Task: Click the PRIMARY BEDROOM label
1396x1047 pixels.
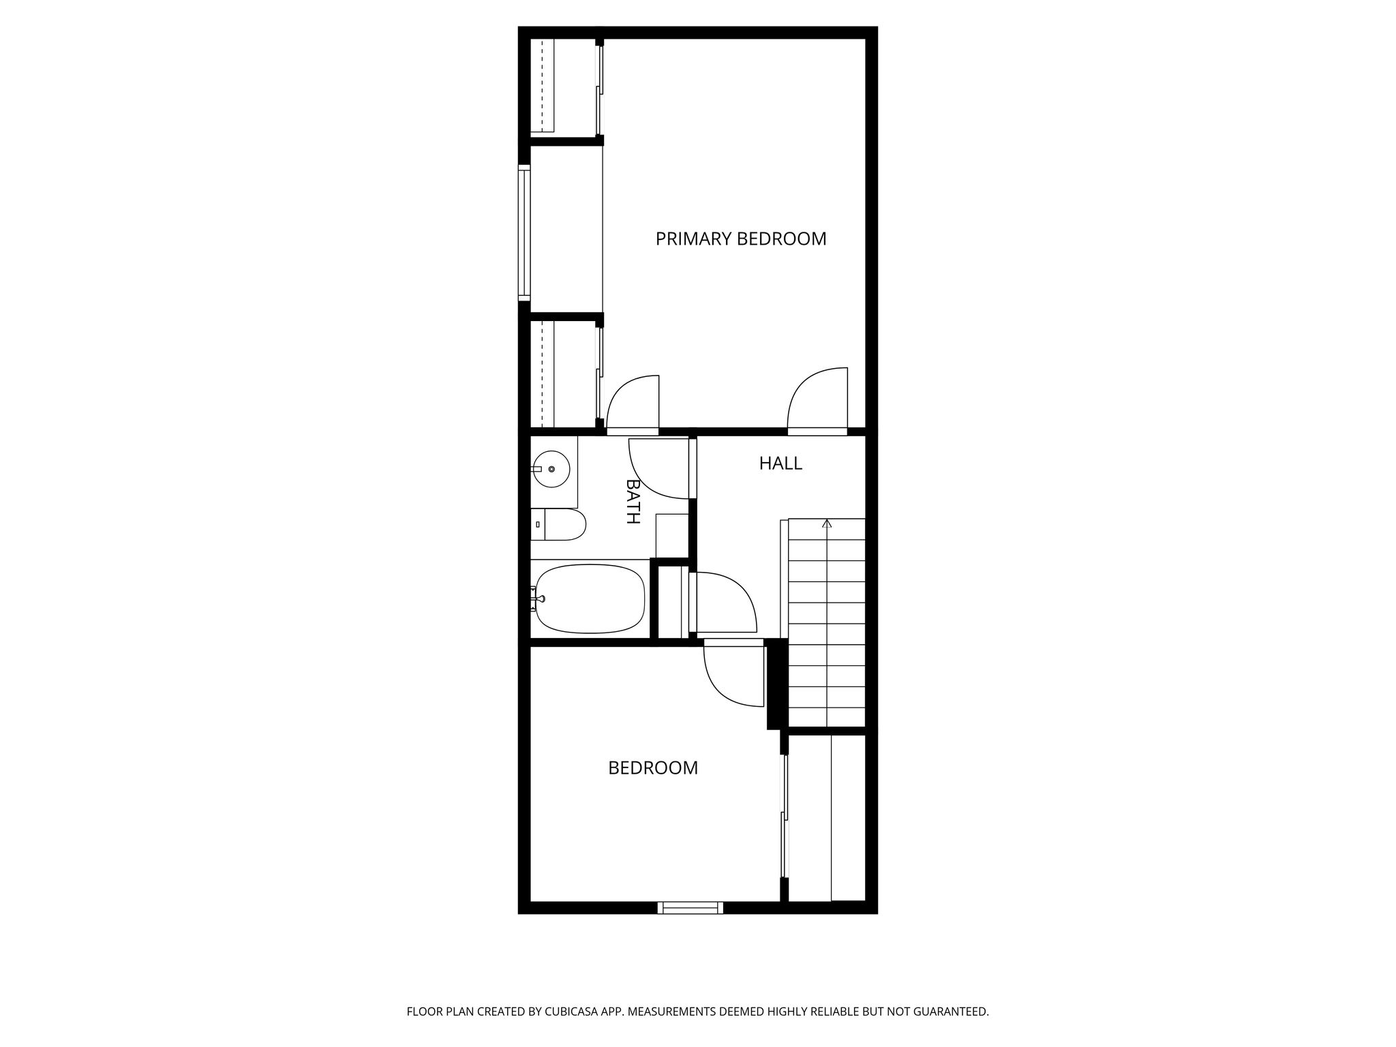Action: coord(741,239)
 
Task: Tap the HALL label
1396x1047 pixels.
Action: coord(780,464)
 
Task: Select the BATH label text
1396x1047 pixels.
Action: coord(633,501)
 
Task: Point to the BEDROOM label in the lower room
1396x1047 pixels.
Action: coord(653,768)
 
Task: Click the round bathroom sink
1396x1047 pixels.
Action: coord(551,469)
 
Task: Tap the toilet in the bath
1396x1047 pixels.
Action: coord(558,524)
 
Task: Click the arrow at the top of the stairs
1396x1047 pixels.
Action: coord(827,523)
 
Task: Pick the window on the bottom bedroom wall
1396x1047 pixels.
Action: coord(691,907)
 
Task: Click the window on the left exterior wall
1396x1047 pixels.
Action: coord(524,232)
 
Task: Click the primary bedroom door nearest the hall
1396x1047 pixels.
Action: coord(817,400)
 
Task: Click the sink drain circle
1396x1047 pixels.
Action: coord(551,469)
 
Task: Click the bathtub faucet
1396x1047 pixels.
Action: coord(538,599)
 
